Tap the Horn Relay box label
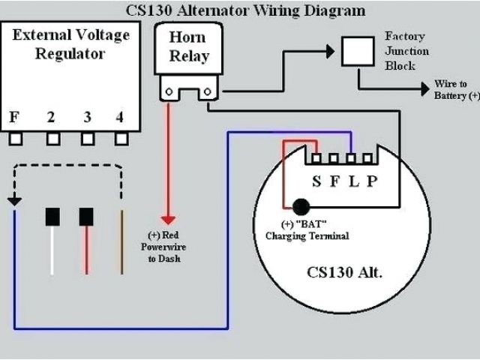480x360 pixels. point(188,47)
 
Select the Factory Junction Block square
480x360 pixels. point(358,50)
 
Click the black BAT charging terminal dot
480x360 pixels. point(301,206)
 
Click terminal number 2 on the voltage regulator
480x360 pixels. point(51,117)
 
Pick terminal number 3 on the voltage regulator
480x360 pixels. point(87,117)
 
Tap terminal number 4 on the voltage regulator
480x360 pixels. point(120,117)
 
